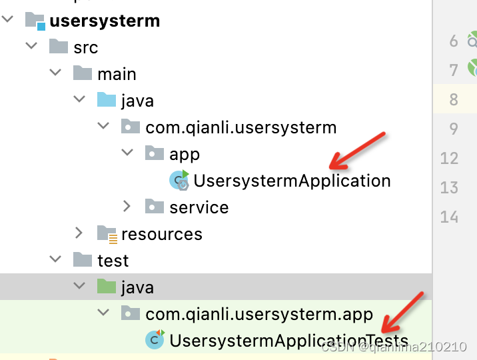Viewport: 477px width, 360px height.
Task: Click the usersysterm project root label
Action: [x=105, y=21]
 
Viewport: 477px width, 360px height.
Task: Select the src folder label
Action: [x=85, y=47]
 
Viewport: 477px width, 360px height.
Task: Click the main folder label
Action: [x=117, y=74]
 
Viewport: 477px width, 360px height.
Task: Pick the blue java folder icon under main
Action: [x=107, y=101]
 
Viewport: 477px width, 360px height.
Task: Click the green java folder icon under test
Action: [x=107, y=287]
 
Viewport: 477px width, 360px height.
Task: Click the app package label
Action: [x=185, y=154]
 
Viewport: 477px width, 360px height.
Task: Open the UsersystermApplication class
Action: [x=292, y=181]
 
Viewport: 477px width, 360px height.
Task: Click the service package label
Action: [x=199, y=207]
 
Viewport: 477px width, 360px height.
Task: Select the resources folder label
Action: [x=162, y=234]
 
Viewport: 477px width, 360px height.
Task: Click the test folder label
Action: [x=113, y=261]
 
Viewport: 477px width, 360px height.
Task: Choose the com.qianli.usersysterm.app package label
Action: [x=259, y=314]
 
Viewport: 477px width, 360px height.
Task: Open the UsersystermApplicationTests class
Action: [x=288, y=341]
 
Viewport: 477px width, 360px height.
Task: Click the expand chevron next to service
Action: [x=127, y=207]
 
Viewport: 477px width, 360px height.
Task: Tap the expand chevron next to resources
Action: [x=79, y=233]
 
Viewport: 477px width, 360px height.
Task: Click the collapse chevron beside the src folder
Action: [x=31, y=47]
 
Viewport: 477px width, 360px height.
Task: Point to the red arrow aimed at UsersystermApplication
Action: [x=358, y=150]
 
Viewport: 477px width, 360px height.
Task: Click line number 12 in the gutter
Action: [x=450, y=158]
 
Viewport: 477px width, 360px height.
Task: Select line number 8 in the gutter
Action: [x=454, y=99]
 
